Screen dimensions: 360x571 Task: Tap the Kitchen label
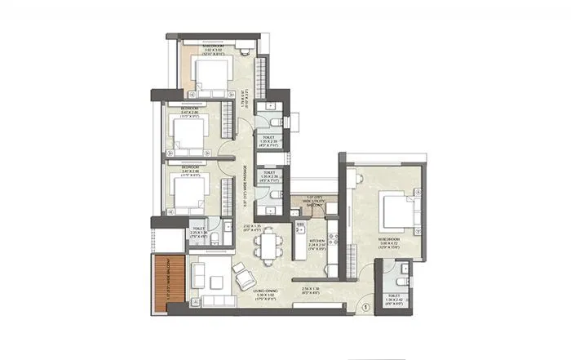pos(317,242)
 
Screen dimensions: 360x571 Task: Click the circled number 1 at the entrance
pos(366,307)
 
